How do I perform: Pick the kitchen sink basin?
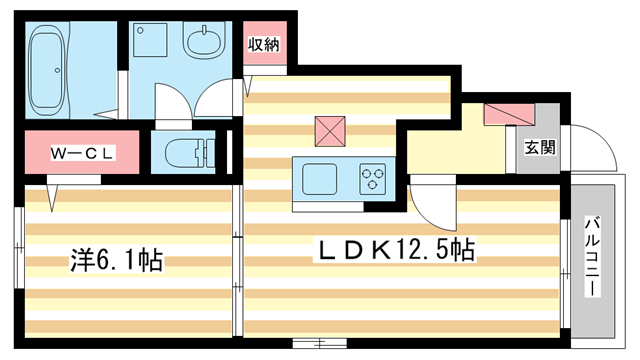[x=321, y=179]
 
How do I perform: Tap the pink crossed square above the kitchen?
[x=329, y=131]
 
